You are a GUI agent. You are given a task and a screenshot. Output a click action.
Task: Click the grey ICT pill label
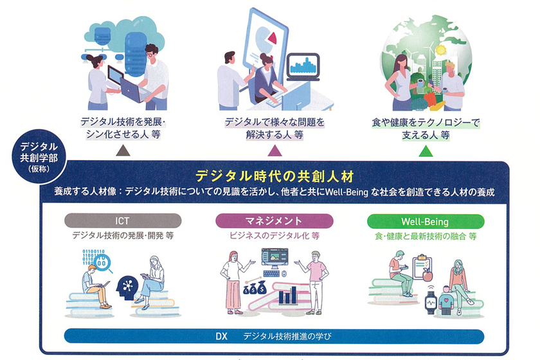[123, 221]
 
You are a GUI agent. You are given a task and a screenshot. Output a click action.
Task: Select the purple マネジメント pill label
[274, 221]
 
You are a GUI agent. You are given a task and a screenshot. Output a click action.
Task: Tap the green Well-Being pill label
[426, 222]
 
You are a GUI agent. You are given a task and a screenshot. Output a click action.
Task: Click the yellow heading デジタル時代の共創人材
[274, 176]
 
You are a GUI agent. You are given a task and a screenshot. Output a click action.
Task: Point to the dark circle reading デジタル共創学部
[39, 157]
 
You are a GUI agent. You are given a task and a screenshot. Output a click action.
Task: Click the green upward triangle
[426, 151]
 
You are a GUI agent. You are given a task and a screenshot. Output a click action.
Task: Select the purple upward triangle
[274, 150]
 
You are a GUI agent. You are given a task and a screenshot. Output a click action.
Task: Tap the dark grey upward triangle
[123, 150]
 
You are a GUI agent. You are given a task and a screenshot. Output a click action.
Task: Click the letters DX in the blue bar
[221, 336]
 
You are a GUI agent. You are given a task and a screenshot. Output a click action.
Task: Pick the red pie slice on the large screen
[273, 38]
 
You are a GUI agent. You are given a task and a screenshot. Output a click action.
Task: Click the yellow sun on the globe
[440, 50]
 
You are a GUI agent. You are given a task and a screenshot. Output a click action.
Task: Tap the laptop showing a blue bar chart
[303, 67]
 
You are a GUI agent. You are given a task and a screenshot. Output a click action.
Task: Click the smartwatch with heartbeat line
[431, 301]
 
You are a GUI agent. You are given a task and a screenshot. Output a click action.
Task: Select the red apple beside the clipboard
[428, 276]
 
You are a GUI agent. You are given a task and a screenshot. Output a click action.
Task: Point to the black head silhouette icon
[127, 288]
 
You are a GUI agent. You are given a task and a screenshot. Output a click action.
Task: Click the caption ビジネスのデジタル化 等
[274, 236]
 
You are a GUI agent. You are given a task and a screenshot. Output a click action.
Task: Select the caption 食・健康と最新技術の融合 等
[426, 237]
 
